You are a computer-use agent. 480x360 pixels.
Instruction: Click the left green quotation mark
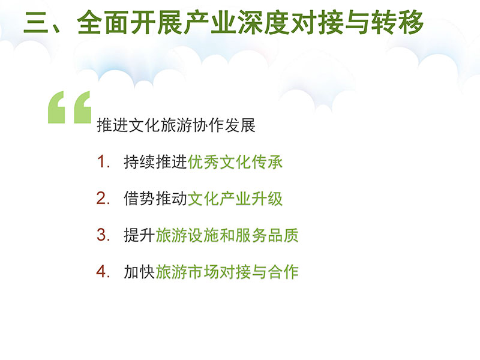coord(56,107)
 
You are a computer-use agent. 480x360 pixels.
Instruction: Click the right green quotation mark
coord(83,107)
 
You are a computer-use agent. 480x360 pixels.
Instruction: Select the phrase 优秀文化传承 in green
coord(235,161)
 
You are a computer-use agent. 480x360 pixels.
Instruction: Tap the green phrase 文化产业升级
coord(235,199)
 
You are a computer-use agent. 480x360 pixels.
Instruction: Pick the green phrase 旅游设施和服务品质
coord(227,235)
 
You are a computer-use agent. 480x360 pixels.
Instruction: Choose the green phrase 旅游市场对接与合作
coord(227,272)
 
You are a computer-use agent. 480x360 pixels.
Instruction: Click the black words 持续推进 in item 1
coord(155,161)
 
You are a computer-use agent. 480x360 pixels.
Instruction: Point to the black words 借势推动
coord(155,199)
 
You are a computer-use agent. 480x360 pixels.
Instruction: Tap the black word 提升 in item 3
coord(139,235)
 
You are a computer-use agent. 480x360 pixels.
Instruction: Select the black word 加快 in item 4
coord(139,272)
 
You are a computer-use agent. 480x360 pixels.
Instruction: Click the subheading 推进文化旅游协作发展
coord(176,125)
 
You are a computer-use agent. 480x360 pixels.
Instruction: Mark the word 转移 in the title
coord(397,22)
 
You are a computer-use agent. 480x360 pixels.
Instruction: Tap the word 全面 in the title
coord(103,22)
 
